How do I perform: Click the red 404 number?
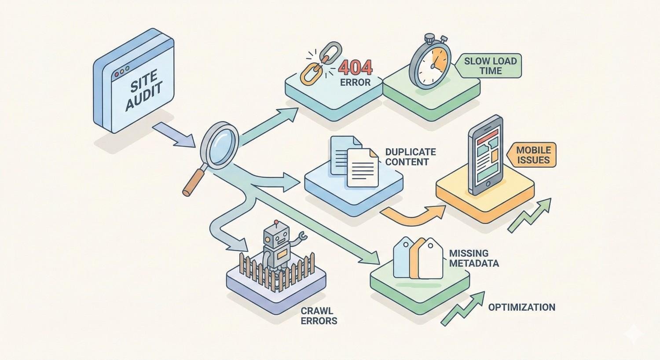(x=356, y=67)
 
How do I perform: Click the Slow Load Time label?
(x=490, y=66)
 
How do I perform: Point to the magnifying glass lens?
(x=219, y=146)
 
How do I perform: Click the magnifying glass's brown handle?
(x=194, y=181)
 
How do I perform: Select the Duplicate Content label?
(x=410, y=157)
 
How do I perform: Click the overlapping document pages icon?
(x=355, y=161)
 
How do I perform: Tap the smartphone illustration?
(x=485, y=155)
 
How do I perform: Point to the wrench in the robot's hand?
(x=301, y=238)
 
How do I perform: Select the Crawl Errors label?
(x=319, y=316)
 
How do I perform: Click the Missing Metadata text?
(x=473, y=258)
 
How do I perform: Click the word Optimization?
(x=521, y=307)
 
